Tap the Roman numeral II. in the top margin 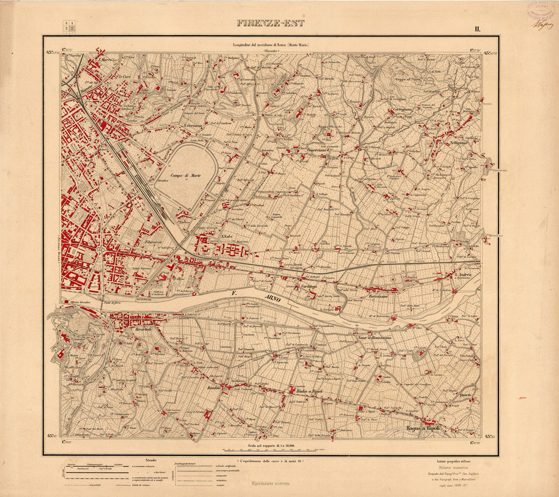pyautogui.click(x=477, y=29)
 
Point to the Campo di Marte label pyautogui.click(x=185, y=175)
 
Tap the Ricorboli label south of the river pyautogui.click(x=143, y=329)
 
